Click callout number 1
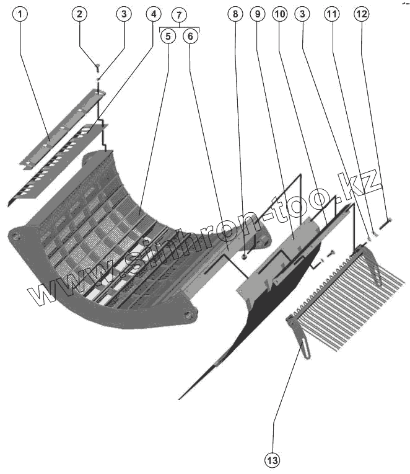click(20, 14)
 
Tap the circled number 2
click(79, 14)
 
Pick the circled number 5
click(168, 36)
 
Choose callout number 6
click(190, 36)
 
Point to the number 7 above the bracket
click(178, 14)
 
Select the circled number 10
click(279, 14)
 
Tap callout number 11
click(333, 14)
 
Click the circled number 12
click(360, 14)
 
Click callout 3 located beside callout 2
click(124, 14)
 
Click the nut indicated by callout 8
click(245, 256)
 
